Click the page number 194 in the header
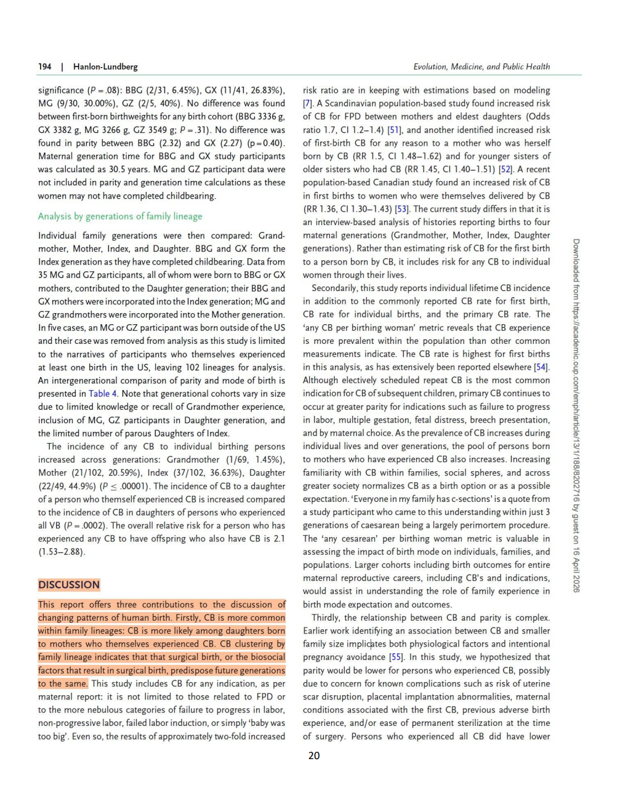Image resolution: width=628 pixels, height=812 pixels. (x=44, y=66)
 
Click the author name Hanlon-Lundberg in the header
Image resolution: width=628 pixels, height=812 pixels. (x=105, y=66)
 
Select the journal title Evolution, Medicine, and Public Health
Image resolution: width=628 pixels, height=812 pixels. (x=481, y=66)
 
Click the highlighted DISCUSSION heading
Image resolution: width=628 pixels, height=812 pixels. (x=69, y=585)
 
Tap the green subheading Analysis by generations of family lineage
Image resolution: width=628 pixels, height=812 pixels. (x=120, y=217)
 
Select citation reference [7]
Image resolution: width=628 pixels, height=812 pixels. (x=308, y=103)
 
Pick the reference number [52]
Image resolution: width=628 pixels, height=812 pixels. (x=505, y=169)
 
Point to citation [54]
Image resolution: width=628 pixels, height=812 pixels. (x=541, y=367)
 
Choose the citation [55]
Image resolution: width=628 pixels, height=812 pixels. (x=396, y=658)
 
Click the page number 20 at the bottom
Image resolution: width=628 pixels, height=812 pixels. (x=314, y=756)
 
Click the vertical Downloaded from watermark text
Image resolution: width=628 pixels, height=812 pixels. (x=576, y=415)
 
